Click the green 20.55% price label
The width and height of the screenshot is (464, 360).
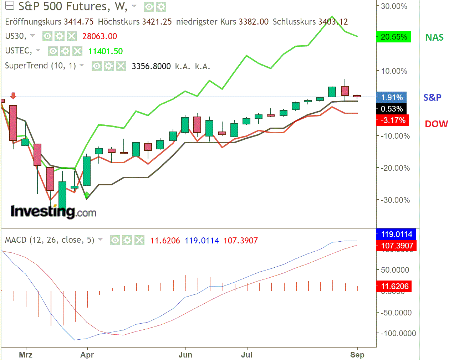tap(394, 37)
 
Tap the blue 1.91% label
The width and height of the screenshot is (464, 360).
tap(392, 97)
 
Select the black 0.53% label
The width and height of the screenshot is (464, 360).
tap(392, 109)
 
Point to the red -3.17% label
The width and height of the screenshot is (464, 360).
tap(392, 120)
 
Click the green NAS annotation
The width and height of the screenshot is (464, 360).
tap(434, 37)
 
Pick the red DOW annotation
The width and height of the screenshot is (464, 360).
tap(436, 124)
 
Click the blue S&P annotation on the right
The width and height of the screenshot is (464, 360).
tap(432, 97)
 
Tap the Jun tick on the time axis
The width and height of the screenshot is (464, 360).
tap(185, 355)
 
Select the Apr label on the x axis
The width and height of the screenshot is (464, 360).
tap(87, 355)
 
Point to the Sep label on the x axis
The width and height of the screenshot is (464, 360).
tap(357, 355)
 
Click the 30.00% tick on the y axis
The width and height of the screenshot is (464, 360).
tap(394, 6)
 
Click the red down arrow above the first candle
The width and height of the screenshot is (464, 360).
tap(13, 96)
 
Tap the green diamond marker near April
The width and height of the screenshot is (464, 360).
tap(86, 195)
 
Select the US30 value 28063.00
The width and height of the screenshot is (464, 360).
tap(100, 36)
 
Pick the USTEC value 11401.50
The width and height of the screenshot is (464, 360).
tap(105, 51)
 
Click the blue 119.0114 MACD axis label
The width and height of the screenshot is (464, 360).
tap(397, 234)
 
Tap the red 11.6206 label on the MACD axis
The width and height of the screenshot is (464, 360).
tap(394, 286)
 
